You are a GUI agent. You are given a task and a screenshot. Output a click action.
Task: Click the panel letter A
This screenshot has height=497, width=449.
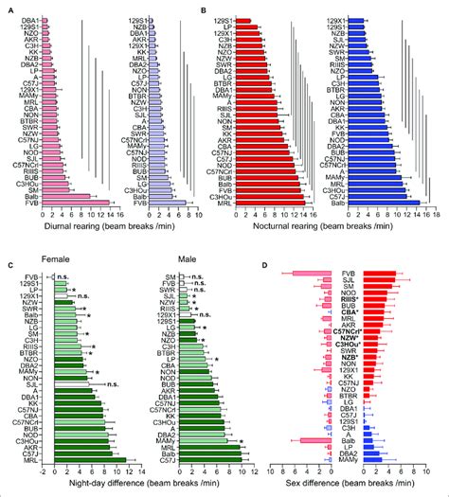(7, 7)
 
